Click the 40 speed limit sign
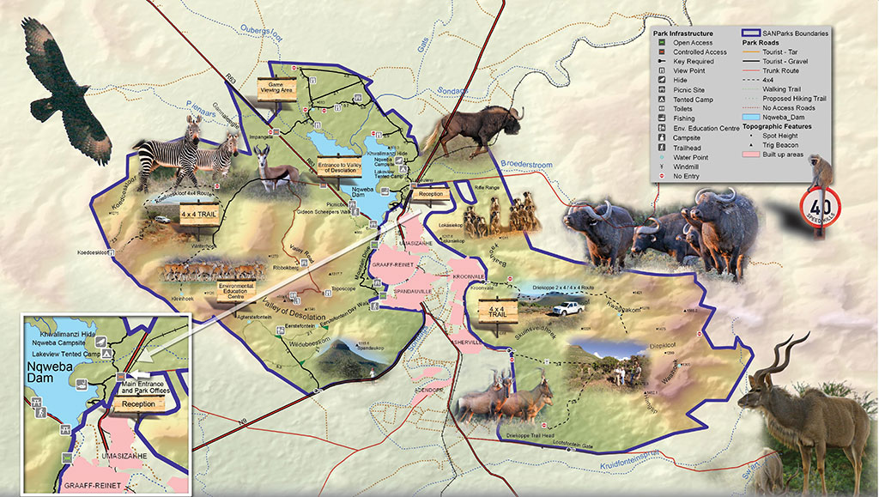point(820,208)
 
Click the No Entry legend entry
point(687,176)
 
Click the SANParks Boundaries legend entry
point(793,33)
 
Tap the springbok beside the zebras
point(275,168)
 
